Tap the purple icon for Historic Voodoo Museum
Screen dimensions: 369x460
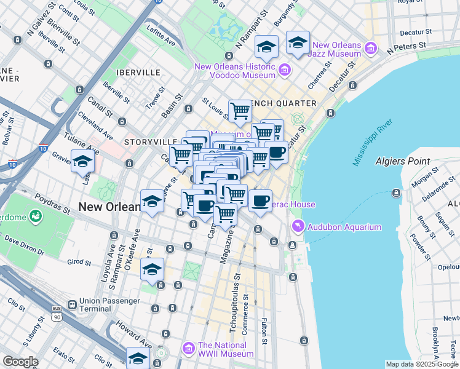click(x=284, y=70)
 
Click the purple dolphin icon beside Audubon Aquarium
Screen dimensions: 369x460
click(x=298, y=227)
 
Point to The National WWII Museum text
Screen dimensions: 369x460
click(x=225, y=349)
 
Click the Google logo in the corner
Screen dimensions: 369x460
click(x=20, y=362)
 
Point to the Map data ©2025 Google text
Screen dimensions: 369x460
click(x=422, y=364)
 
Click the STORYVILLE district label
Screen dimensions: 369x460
click(x=146, y=141)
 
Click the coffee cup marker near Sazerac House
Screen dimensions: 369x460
click(x=260, y=200)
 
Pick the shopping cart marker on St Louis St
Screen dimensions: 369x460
click(x=240, y=111)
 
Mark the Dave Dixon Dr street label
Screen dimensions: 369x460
click(x=24, y=247)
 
